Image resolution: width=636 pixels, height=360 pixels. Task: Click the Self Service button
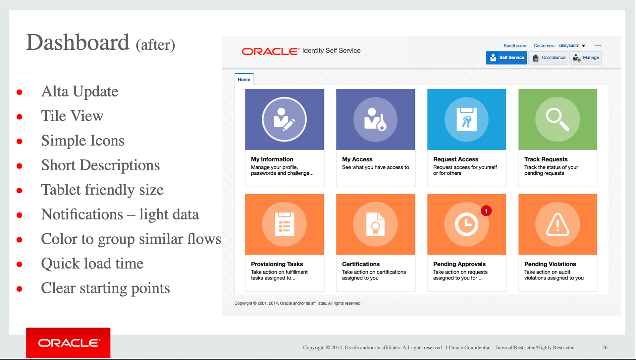pos(506,58)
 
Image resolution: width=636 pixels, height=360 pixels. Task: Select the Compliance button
pos(549,58)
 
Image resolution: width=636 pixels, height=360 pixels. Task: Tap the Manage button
pos(586,58)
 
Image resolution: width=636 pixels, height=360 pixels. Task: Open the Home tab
pos(244,80)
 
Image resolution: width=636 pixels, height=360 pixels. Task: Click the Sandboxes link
pos(515,46)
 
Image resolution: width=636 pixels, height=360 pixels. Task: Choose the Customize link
pos(544,46)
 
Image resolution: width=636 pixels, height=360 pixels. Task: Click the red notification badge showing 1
pos(486,211)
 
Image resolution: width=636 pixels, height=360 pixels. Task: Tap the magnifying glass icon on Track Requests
pos(557,119)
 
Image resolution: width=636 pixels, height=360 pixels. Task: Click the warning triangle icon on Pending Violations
pos(557,224)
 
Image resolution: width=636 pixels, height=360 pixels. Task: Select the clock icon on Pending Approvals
pos(466,224)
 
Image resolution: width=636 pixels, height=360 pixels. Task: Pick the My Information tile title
pos(272,159)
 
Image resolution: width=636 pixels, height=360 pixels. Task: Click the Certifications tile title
pos(361,264)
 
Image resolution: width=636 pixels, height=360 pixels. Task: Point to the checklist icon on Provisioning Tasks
pos(284,224)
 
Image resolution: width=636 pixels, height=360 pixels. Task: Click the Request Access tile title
pos(455,159)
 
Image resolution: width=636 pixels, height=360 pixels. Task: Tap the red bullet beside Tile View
pos(20,117)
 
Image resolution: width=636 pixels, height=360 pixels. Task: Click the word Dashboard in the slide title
pos(78,42)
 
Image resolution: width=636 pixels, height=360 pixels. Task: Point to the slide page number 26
pos(605,347)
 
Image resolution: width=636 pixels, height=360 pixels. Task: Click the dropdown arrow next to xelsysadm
pos(583,46)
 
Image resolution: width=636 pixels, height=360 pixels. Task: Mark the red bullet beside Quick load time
pos(20,264)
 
